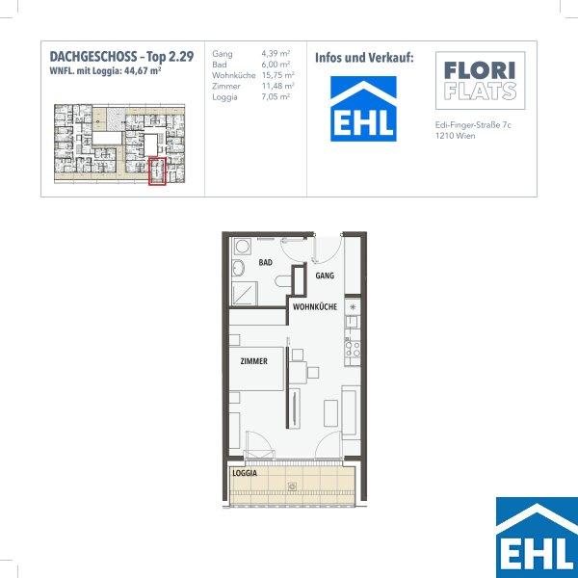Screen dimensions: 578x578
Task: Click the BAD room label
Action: coord(266,262)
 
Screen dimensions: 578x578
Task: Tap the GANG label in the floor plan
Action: coord(325,276)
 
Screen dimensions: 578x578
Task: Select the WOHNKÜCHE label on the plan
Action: coord(315,306)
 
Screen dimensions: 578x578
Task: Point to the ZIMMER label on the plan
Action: coord(254,361)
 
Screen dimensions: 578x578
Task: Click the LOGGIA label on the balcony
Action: coord(245,473)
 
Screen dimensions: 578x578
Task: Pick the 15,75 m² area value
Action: coord(278,75)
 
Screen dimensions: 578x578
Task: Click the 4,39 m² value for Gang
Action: coord(276,53)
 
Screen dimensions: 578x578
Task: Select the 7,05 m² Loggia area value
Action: coord(276,96)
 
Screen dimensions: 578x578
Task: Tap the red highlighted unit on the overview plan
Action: coord(157,171)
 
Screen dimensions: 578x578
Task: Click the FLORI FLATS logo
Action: coord(481,80)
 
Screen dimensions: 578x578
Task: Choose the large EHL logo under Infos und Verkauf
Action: coord(363,109)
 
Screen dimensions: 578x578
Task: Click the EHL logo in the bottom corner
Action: coord(538,538)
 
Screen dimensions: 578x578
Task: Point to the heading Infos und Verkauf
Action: coord(364,58)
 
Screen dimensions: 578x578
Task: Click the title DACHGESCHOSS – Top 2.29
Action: coord(121,57)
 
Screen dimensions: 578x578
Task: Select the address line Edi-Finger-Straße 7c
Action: coord(473,125)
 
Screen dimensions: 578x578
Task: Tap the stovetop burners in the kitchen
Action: coord(352,349)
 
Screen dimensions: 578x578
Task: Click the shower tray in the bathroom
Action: coord(244,294)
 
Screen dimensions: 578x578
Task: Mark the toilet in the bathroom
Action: coord(283,281)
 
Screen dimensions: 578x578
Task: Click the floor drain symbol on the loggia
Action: coord(292,486)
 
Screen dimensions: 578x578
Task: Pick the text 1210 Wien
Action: coord(456,136)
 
